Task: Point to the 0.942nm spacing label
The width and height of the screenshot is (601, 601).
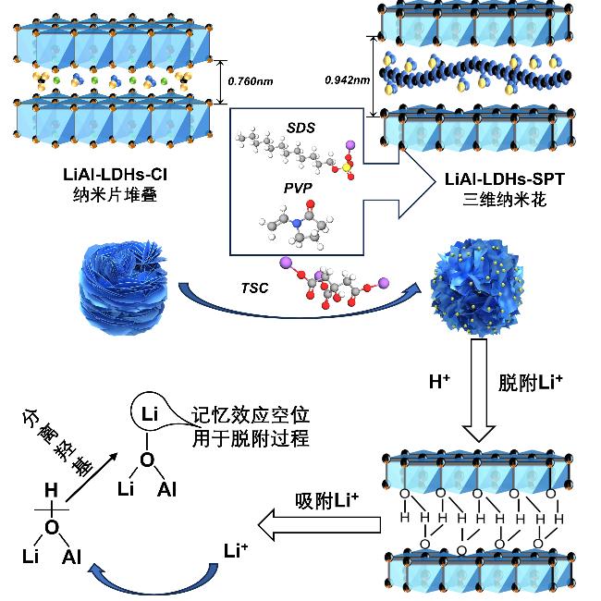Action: [347, 80]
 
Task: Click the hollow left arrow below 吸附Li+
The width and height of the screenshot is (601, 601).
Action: [319, 528]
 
